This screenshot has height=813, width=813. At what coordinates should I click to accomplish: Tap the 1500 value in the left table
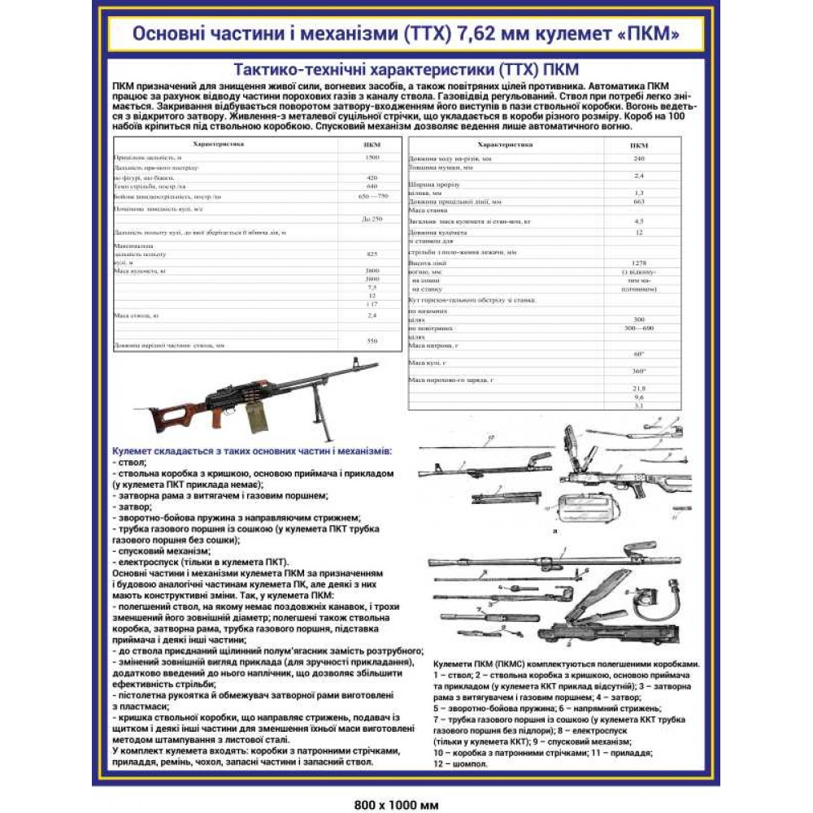point(372,157)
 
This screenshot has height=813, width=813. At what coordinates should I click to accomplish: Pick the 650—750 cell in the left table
point(372,197)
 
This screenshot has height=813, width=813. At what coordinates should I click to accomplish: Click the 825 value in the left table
point(372,254)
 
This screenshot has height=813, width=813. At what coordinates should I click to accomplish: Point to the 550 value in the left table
point(372,341)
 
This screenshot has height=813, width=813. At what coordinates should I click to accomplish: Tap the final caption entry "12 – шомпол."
point(462,764)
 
